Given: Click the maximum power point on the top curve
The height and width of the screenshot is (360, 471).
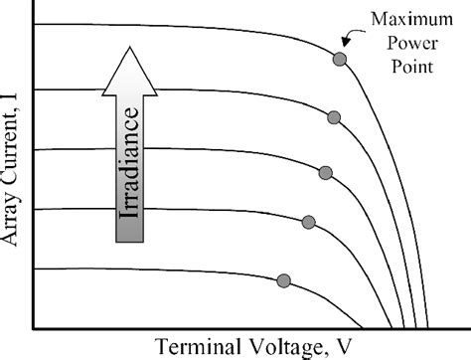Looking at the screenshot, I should (340, 60).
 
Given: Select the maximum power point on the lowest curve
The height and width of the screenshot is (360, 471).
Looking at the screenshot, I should (284, 280).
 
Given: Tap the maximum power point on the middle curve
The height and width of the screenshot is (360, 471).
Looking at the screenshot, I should (326, 173).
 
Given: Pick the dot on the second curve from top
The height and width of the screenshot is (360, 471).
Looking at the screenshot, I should (334, 117).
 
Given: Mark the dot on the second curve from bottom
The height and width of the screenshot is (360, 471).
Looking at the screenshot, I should (308, 222).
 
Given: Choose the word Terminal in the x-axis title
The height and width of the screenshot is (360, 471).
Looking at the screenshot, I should (195, 347).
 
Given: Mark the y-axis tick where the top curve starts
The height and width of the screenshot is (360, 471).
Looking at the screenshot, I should (36, 24).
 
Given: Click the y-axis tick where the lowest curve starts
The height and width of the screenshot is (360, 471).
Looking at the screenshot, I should (36, 269).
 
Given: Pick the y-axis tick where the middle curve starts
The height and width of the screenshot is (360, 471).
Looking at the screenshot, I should (36, 150).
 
